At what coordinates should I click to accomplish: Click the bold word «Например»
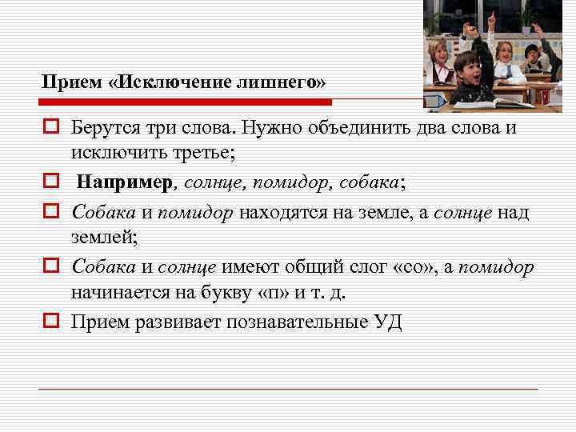[x=125, y=182]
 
